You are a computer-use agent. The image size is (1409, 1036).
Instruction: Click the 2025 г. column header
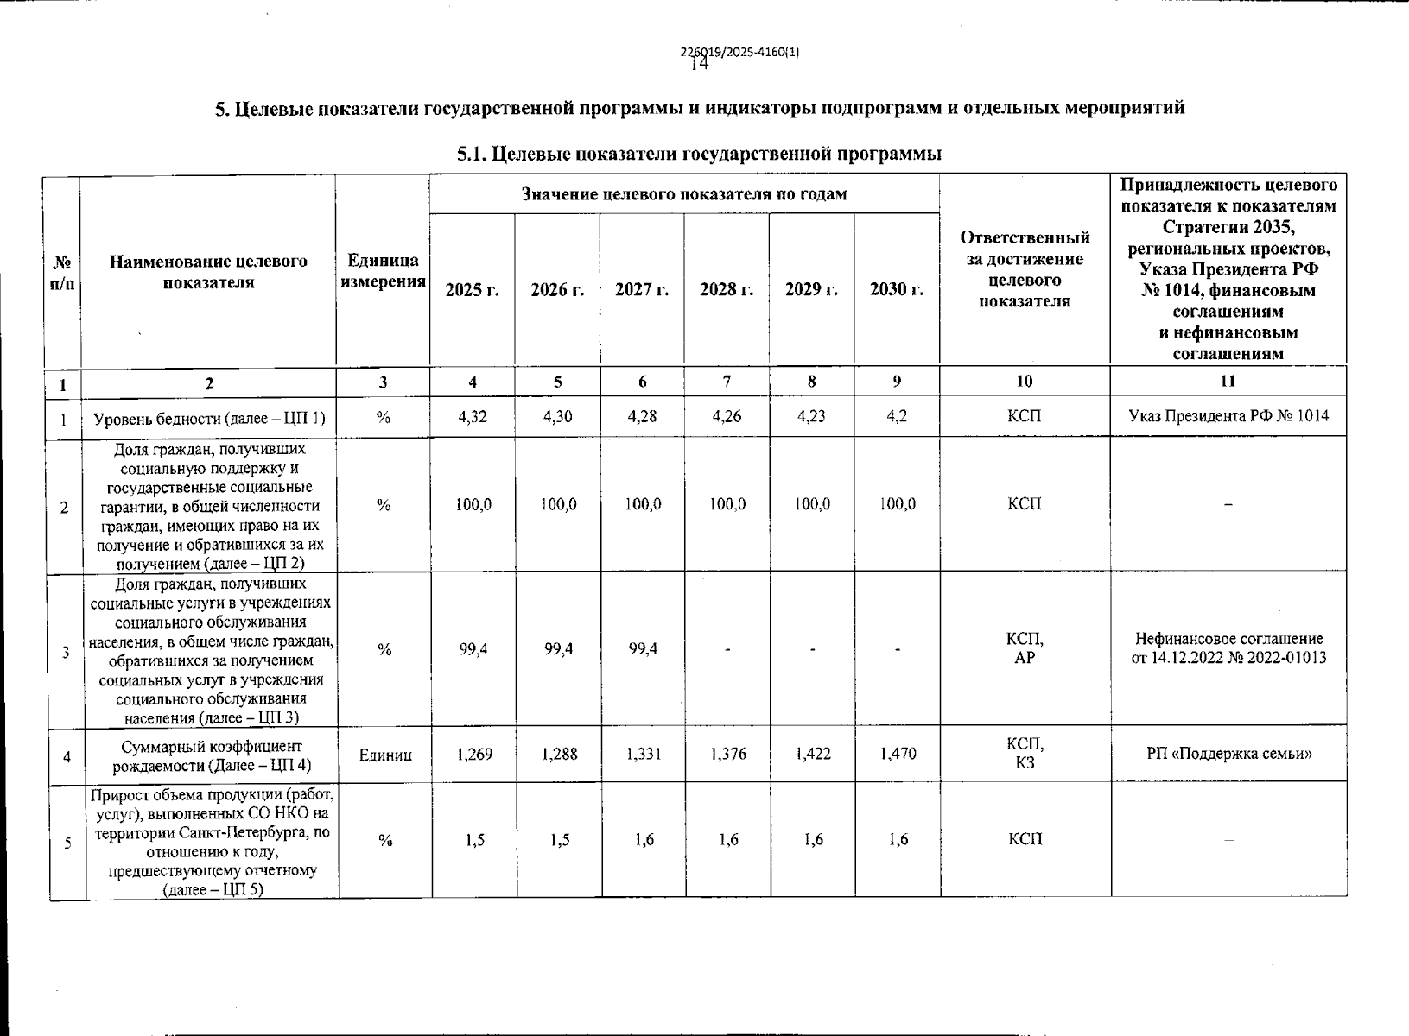coord(472,290)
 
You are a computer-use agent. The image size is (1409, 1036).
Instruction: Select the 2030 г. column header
coord(897,290)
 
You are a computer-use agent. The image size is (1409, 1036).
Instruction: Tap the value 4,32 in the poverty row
coord(473,417)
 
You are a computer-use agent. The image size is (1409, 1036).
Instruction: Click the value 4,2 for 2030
coord(897,417)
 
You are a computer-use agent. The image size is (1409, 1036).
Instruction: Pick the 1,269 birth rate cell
coord(474,755)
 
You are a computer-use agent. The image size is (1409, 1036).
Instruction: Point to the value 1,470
coord(898,755)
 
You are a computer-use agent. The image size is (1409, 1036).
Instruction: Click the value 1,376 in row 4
coord(728,755)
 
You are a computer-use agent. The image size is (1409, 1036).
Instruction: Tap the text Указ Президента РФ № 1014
coord(1228,417)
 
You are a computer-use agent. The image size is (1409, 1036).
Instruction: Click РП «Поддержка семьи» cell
coord(1229,755)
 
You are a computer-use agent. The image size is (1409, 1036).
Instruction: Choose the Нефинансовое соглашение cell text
coord(1228,648)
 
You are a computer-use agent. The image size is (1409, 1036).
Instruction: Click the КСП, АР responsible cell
coord(1025,648)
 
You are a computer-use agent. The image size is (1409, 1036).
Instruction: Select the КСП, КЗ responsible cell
coord(1025,754)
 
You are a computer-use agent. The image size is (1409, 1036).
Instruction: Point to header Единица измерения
coord(384,271)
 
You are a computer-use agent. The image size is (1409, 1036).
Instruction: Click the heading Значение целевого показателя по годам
coord(684,194)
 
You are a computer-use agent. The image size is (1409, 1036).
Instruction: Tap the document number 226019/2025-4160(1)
coord(740,52)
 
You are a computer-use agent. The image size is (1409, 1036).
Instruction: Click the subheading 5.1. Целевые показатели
coord(699,155)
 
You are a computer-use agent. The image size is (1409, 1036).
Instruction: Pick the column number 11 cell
coord(1228,382)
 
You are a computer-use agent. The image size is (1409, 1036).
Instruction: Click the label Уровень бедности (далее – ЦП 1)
coord(209,419)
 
